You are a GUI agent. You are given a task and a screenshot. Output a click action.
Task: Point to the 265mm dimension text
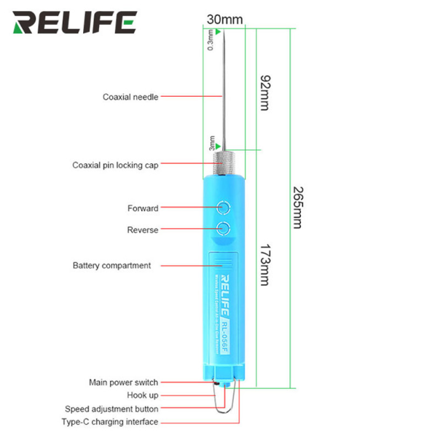coord(296,207)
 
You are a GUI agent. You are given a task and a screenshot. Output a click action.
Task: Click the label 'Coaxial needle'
coord(130,96)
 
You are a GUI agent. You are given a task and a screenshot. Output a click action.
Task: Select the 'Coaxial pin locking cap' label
coord(115,165)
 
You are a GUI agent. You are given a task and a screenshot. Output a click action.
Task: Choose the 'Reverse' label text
coord(142,230)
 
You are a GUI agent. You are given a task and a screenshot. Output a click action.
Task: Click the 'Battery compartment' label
coord(112,266)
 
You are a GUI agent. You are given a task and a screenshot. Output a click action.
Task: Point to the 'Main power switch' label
coord(123,382)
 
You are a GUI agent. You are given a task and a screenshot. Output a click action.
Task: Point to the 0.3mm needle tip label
coord(211,40)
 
